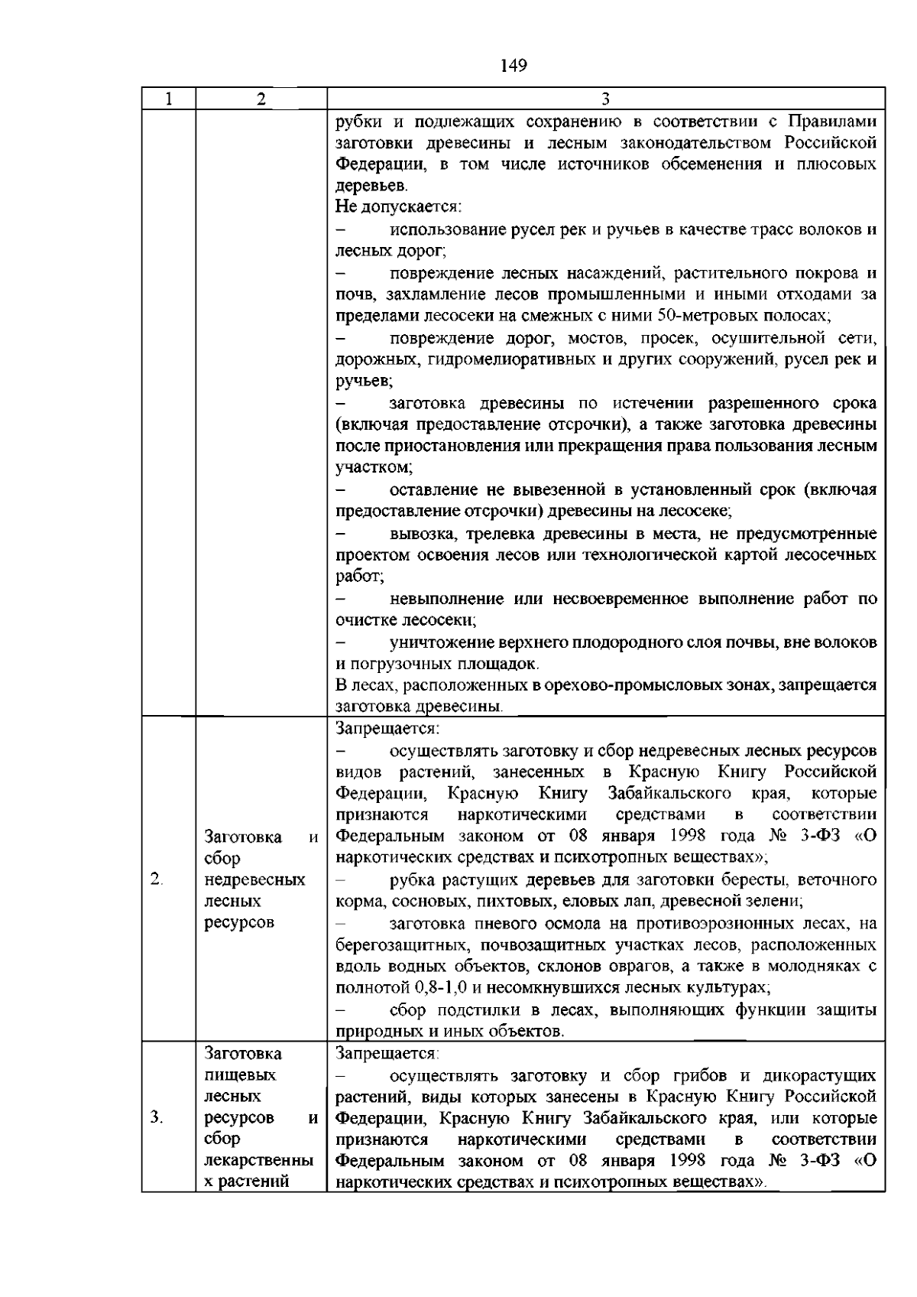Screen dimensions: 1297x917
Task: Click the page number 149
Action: (514, 66)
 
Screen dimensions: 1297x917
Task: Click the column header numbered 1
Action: (168, 99)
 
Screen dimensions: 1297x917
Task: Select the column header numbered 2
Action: (261, 99)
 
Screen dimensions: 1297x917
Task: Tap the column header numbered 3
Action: (605, 99)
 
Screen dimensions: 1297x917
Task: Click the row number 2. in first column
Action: (156, 879)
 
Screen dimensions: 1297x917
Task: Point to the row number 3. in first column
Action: (156, 1118)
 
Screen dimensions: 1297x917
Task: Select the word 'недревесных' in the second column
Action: (254, 879)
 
